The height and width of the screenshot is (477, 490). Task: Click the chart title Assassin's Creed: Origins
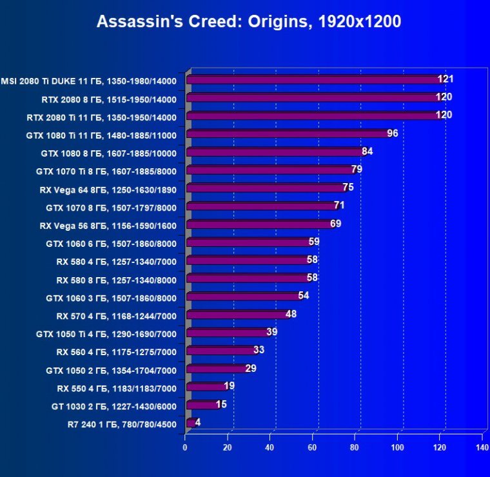coord(248,22)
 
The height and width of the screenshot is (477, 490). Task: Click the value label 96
coord(393,133)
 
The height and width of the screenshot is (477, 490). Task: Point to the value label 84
coord(367,151)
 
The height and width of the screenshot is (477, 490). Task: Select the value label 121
coord(446,79)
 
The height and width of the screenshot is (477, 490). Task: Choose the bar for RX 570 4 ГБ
coord(237,315)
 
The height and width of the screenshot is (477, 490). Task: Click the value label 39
coord(272,331)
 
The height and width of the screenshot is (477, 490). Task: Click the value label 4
coord(198,422)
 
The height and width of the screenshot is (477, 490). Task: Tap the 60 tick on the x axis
coord(312,447)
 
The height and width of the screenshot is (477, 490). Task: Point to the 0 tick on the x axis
coord(185,447)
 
